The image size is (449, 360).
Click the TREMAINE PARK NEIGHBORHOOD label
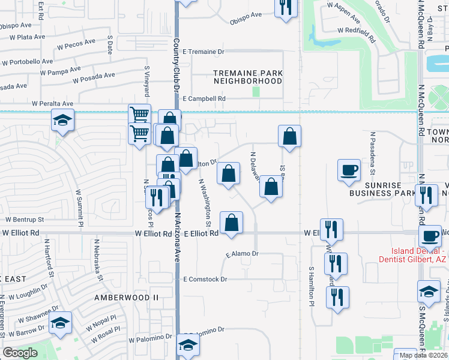pyautogui.click(x=248, y=77)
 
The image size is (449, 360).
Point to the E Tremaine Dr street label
pyautogui.click(x=206, y=52)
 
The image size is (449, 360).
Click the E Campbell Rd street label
pyautogui.click(x=204, y=98)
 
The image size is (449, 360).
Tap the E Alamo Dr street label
pyautogui.click(x=242, y=254)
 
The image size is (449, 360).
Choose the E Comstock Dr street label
pyautogui.click(x=206, y=280)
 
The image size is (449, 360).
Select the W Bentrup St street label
pyautogui.click(x=25, y=220)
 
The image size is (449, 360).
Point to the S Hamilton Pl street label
pyautogui.click(x=312, y=287)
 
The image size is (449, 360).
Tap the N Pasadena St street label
pyautogui.click(x=373, y=152)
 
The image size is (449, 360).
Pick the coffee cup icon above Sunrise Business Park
pyautogui.click(x=349, y=169)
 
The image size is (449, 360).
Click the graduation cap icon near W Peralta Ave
pyautogui.click(x=62, y=120)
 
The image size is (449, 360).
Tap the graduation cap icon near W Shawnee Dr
pyautogui.click(x=61, y=322)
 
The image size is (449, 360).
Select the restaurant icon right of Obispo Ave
pyautogui.click(x=286, y=7)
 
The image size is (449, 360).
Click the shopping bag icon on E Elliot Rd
pyautogui.click(x=231, y=223)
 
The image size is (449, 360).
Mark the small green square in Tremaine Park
pyautogui.click(x=256, y=92)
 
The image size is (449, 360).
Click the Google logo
pyautogui.click(x=20, y=353)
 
